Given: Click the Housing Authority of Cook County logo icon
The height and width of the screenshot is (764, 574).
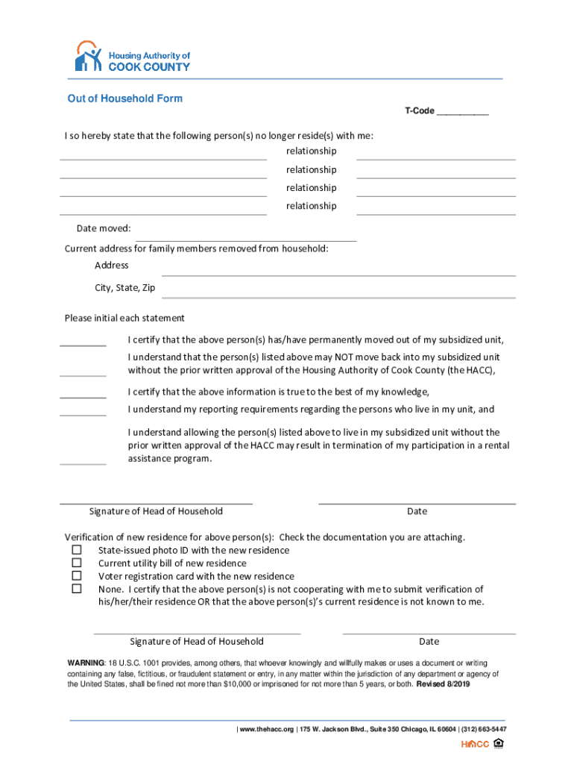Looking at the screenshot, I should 87,57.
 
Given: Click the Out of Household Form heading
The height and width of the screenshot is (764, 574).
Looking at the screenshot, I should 124,98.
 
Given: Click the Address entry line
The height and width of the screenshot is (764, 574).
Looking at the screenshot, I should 338,274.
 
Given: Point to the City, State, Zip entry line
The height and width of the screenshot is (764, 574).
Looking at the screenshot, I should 338,296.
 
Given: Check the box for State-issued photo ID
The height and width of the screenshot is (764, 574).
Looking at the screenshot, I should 76,550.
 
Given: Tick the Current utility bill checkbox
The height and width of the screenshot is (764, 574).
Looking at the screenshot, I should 76,563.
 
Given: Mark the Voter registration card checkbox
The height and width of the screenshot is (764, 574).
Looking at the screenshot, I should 76,576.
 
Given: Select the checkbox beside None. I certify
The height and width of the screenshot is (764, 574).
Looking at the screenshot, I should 76,589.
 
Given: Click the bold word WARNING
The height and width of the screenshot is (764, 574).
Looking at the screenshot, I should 86,663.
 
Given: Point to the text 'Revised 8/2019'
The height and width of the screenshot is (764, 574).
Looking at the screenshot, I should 443,684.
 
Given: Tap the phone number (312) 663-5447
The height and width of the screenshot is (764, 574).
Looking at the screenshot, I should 485,729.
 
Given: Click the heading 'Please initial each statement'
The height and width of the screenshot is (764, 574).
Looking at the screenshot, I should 124,318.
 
